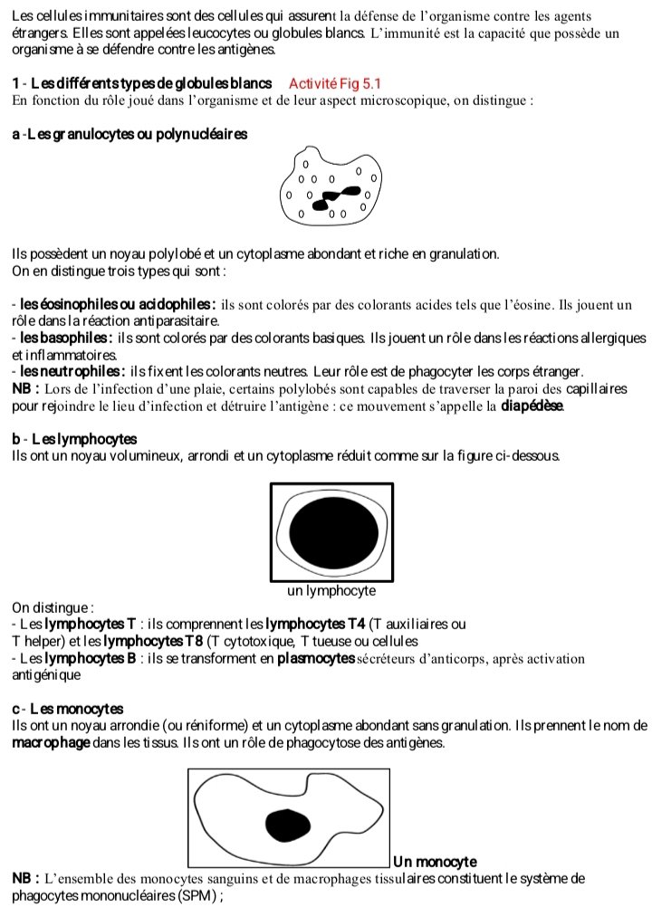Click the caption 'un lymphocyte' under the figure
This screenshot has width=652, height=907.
[331, 590]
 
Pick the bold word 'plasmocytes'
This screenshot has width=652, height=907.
[315, 658]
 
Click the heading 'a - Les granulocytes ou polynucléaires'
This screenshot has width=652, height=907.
[130, 134]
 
